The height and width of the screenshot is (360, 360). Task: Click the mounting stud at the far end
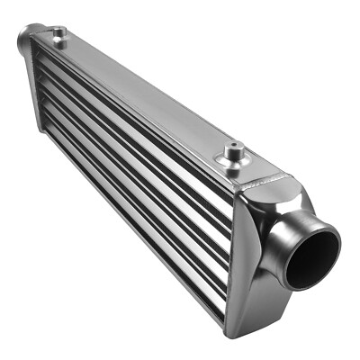coord(59,35)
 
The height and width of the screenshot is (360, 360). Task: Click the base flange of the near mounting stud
coord(234,165)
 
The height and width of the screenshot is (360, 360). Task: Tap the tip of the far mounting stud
coord(59,30)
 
